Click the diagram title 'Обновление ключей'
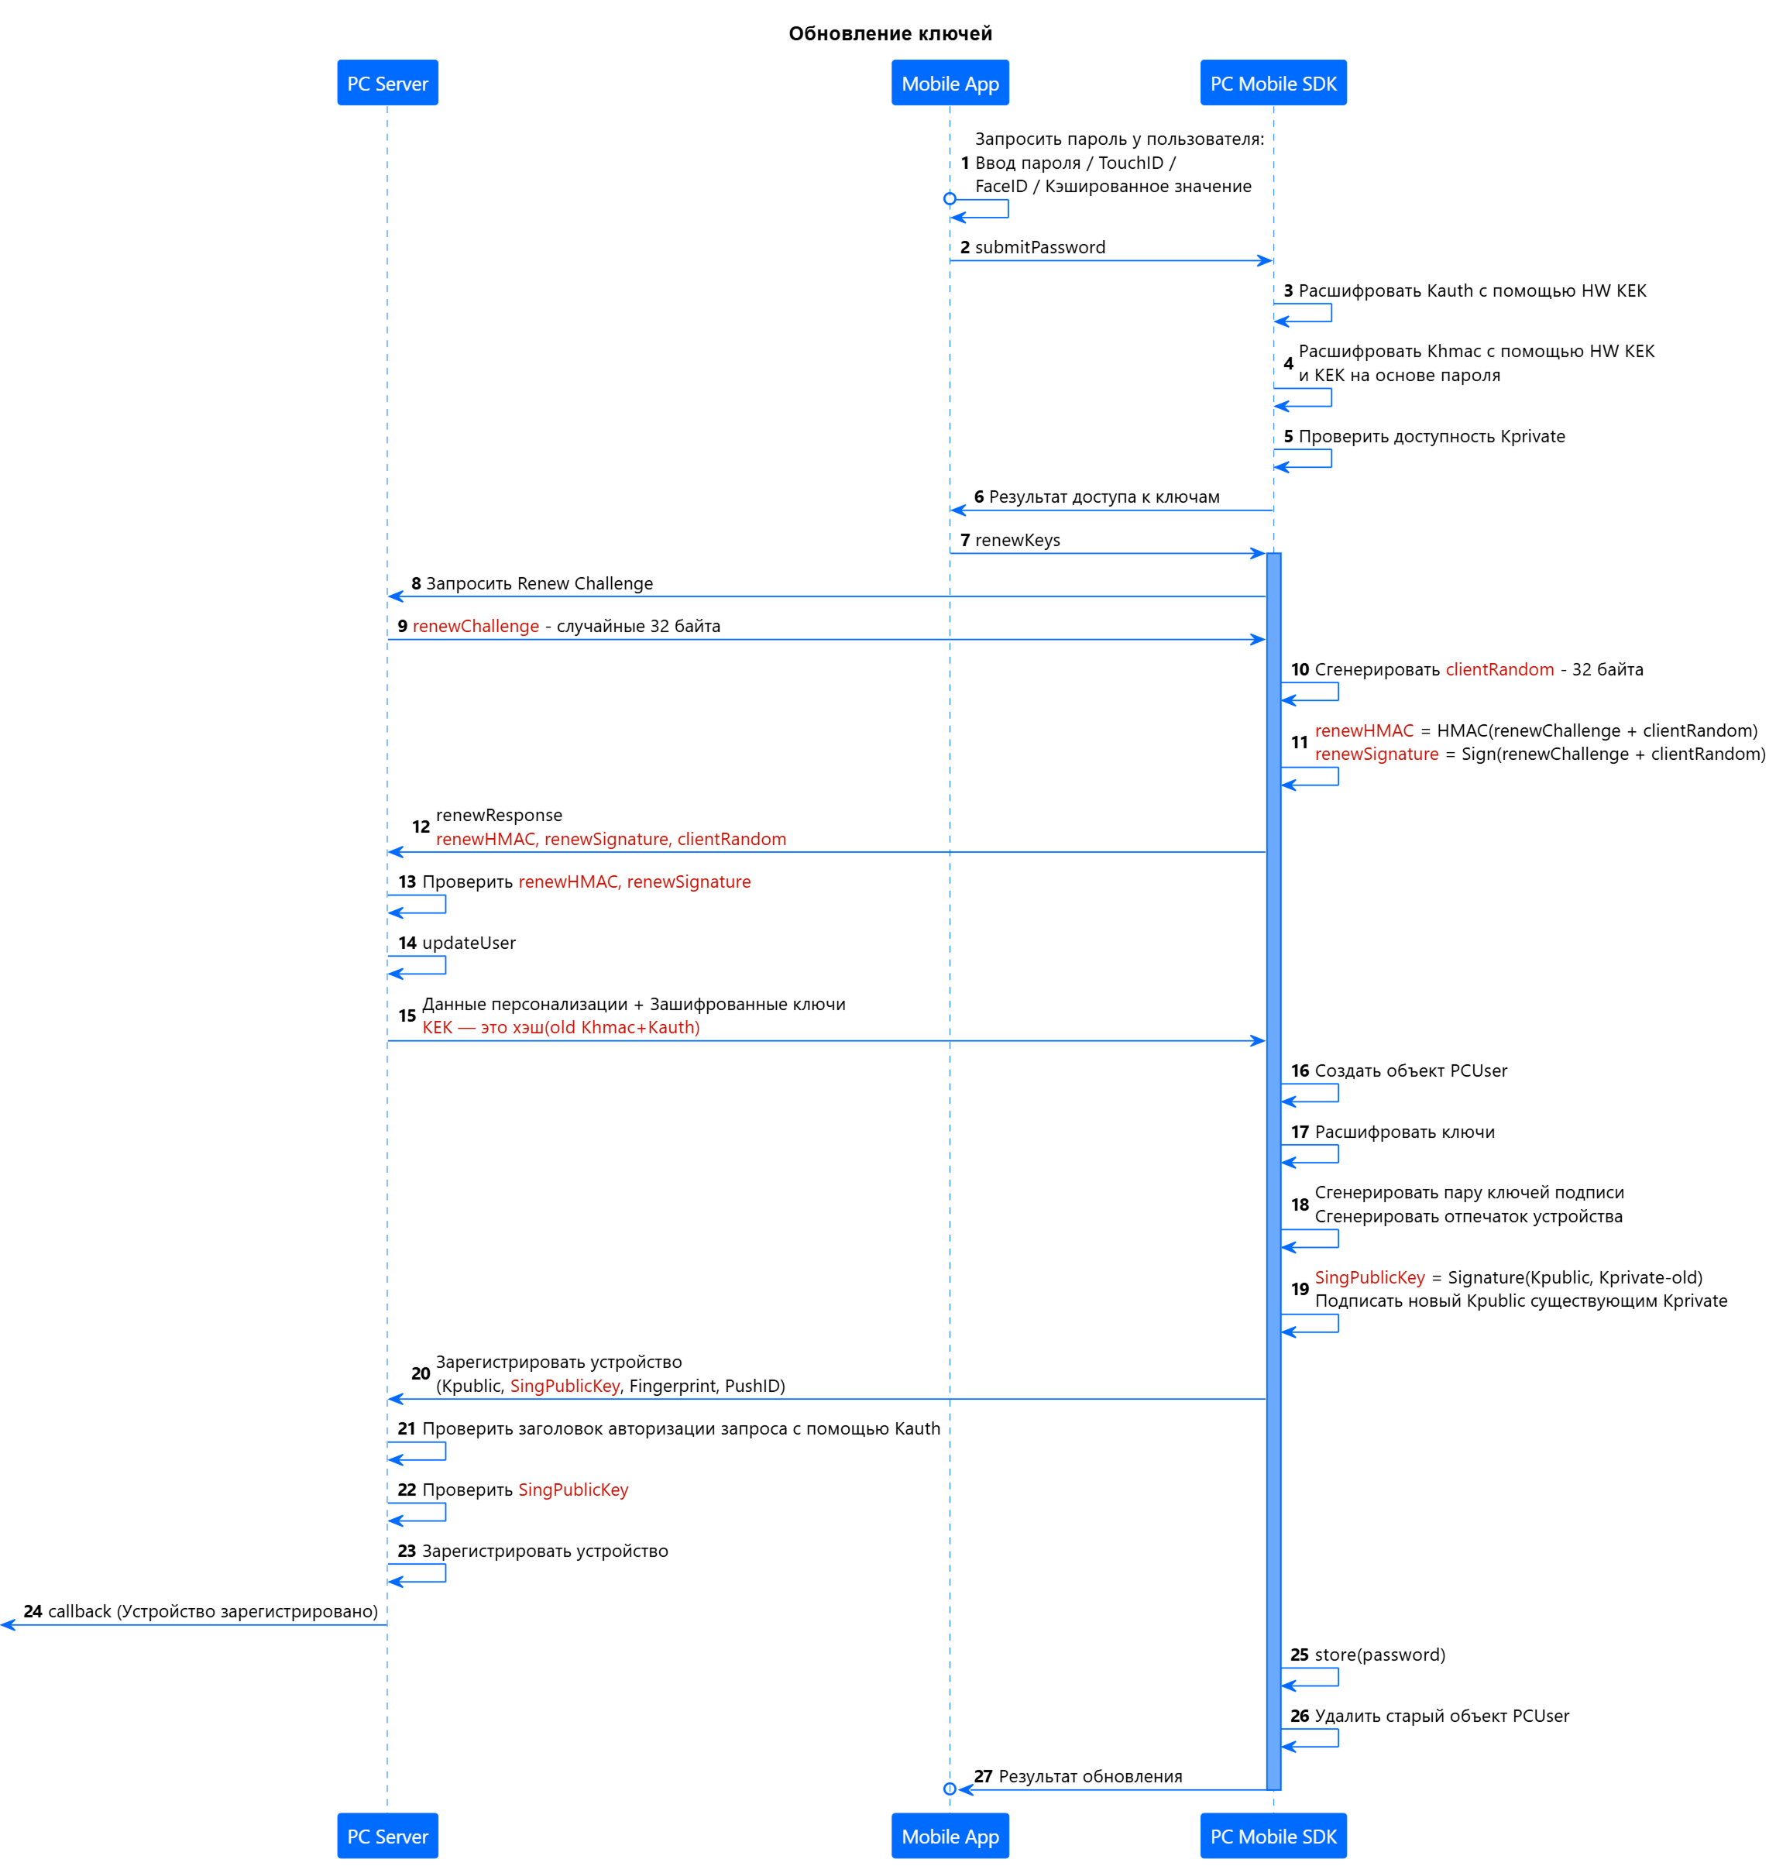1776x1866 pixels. (x=890, y=34)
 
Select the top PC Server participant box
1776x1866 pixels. (x=387, y=84)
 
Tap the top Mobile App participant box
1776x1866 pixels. (x=950, y=84)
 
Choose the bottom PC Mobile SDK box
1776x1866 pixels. (x=1273, y=1836)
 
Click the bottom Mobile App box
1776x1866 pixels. (x=950, y=1836)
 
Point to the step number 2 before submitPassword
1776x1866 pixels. (x=965, y=247)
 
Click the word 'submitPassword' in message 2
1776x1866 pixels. (x=1039, y=247)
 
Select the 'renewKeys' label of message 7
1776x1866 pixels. (x=1017, y=540)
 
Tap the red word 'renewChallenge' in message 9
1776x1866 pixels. (x=476, y=626)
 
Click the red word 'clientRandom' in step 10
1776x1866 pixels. (x=1499, y=669)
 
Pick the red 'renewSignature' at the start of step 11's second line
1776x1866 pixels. (x=1376, y=754)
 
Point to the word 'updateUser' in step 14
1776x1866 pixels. (x=469, y=943)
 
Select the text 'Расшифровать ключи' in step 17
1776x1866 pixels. (x=1404, y=1132)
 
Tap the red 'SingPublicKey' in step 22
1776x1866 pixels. (x=572, y=1490)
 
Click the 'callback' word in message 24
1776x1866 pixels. (x=80, y=1611)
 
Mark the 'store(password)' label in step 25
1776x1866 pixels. (x=1379, y=1655)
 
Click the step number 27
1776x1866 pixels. (x=983, y=1776)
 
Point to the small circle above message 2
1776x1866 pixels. (x=950, y=199)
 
